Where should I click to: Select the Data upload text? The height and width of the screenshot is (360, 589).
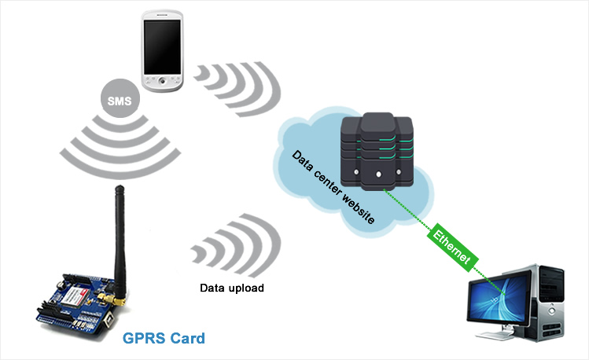tap(230, 288)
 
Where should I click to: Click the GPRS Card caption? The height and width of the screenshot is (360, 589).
tap(164, 339)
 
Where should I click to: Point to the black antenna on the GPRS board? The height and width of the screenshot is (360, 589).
tap(120, 236)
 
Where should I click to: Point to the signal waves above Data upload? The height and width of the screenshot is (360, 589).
tap(236, 244)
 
